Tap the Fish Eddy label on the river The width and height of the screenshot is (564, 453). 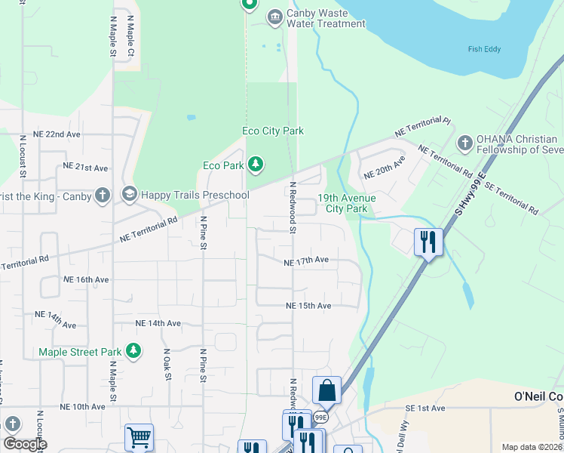click(485, 51)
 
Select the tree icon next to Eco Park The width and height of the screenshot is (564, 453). click(256, 165)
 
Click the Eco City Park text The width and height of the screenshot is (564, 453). click(272, 131)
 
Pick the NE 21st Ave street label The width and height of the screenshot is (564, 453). click(87, 165)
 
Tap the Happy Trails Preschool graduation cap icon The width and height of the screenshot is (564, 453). click(129, 196)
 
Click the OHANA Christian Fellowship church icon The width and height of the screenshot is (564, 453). click(465, 142)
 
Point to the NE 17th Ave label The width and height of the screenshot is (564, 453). click(306, 260)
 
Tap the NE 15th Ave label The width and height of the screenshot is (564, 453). click(308, 306)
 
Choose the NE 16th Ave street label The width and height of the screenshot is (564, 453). click(86, 279)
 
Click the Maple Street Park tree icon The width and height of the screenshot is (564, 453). click(133, 351)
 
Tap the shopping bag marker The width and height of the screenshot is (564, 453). click(326, 391)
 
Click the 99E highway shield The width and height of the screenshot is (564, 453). click(321, 417)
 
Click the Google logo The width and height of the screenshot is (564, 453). click(25, 444)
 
